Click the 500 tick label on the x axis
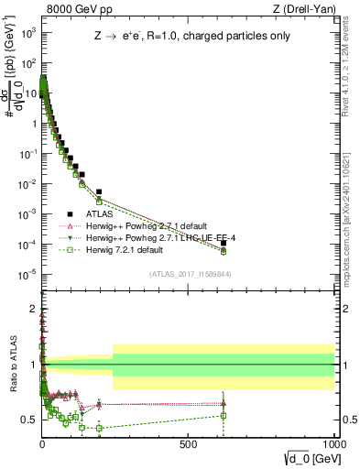(188, 442)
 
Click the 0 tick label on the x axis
(42, 442)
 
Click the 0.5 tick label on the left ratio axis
(28, 420)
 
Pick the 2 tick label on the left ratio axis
(31, 309)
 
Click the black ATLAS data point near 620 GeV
(224, 243)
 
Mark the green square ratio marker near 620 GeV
(224, 415)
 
